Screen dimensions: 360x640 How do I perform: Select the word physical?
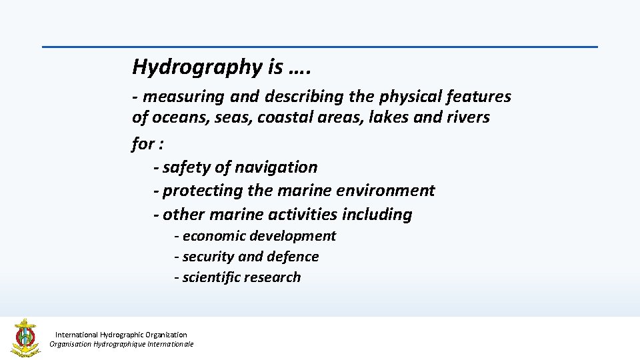click(410, 97)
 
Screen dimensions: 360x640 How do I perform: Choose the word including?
click(377, 215)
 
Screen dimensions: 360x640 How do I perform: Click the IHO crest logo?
click(25, 338)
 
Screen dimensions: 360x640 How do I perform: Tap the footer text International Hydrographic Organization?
click(121, 335)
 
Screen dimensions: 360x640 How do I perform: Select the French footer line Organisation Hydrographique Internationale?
click(121, 345)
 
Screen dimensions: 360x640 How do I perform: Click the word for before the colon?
click(143, 143)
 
